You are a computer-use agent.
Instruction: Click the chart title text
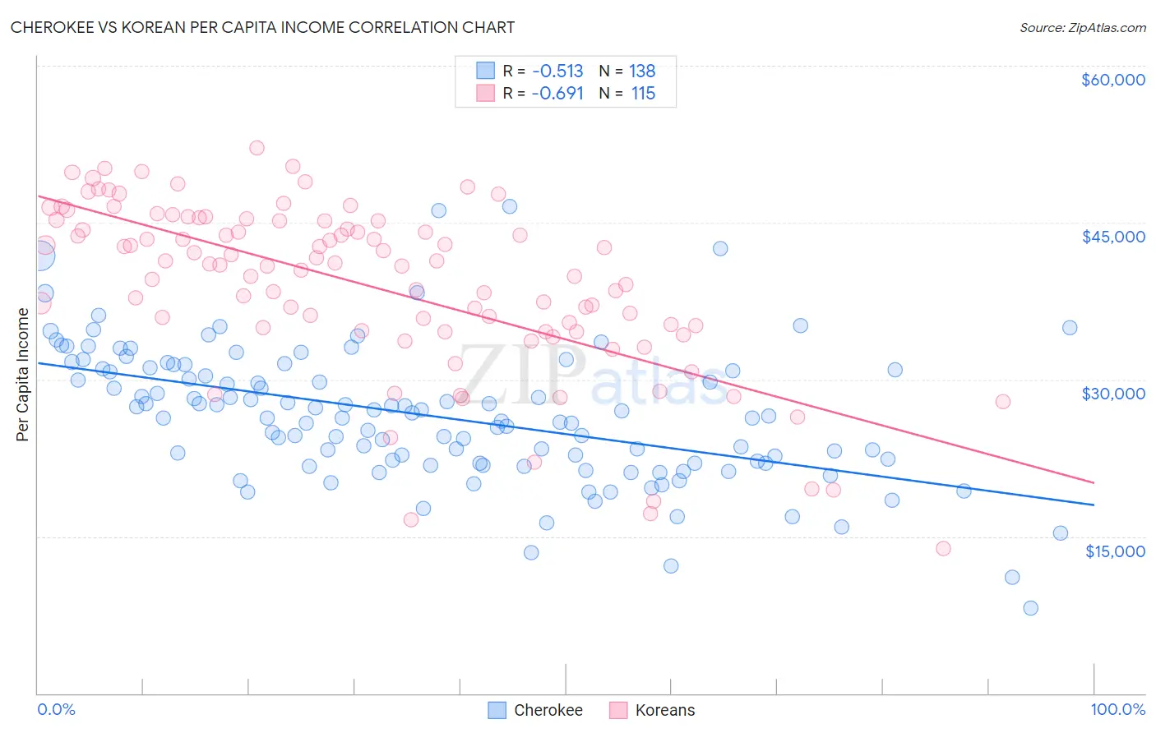point(262,27)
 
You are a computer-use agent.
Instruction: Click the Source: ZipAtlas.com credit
point(1082,27)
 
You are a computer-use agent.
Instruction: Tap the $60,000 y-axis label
point(1112,80)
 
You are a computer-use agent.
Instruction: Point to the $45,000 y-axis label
point(1112,237)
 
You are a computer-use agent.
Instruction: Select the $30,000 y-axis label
point(1112,394)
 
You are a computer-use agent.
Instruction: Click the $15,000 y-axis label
point(1115,551)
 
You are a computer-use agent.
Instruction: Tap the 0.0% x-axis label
point(56,709)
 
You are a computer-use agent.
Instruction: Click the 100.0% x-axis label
point(1117,709)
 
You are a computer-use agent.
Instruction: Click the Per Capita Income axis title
point(23,375)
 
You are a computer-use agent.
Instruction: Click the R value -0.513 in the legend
point(557,71)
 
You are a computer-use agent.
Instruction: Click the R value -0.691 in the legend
point(557,94)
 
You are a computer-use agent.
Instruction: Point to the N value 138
point(642,71)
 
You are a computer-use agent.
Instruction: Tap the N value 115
point(643,94)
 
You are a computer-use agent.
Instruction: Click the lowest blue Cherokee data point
point(1030,608)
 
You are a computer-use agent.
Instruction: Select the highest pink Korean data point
point(257,148)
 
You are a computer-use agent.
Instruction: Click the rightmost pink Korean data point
point(1002,402)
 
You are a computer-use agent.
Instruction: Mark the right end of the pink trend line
point(1094,482)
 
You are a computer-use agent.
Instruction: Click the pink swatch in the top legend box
point(486,93)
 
